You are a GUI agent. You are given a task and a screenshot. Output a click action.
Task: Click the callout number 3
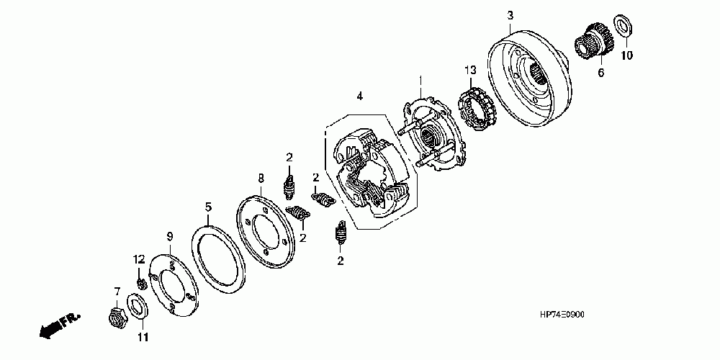510,15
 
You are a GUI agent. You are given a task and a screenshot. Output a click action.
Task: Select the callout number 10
626,55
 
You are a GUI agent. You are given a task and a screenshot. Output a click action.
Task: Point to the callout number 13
470,70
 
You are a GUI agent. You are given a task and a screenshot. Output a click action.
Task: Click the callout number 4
359,95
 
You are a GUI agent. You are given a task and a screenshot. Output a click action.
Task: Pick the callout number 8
261,176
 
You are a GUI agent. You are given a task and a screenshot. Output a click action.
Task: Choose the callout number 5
208,207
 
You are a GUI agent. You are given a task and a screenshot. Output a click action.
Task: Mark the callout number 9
170,236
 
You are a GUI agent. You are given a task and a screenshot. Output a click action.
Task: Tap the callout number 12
138,258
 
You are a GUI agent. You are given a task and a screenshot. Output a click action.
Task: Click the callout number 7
117,291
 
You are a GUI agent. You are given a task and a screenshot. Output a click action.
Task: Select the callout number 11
142,337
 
